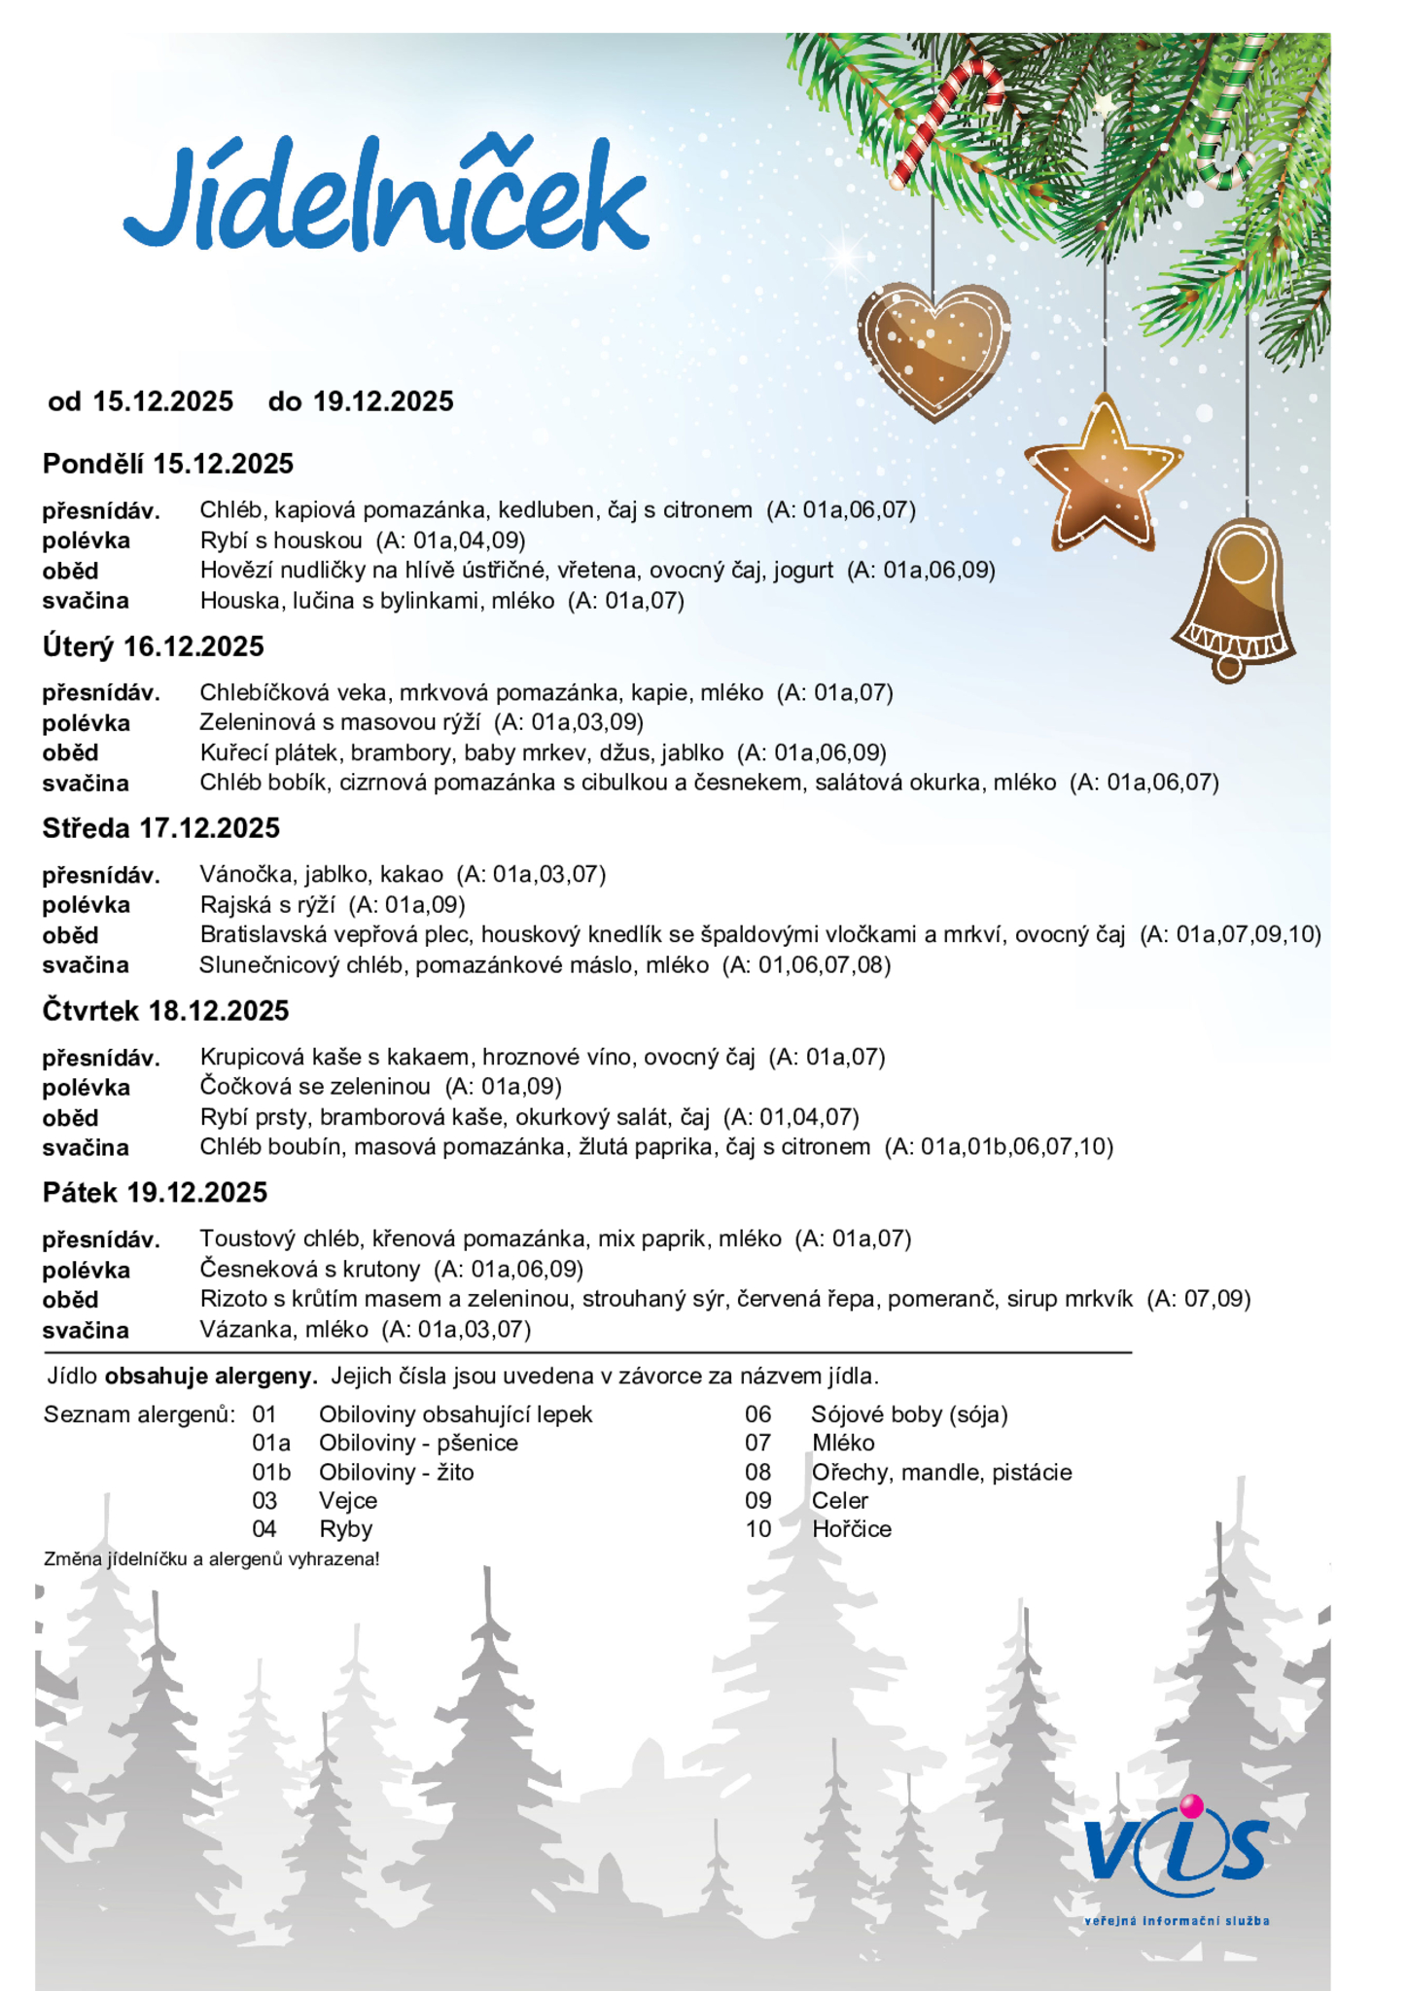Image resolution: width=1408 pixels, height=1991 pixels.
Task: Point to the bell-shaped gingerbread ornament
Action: coord(1235,598)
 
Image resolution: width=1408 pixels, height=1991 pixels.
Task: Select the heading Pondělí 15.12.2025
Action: coord(168,464)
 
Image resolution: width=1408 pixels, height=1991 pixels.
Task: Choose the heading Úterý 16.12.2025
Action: coord(154,646)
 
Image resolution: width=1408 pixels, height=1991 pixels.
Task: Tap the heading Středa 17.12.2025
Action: coord(161,828)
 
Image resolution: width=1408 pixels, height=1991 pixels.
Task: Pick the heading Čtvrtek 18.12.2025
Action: coord(166,1011)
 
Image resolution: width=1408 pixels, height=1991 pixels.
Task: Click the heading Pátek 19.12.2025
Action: coord(156,1193)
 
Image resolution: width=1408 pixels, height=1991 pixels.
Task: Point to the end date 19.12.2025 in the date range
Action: coord(383,402)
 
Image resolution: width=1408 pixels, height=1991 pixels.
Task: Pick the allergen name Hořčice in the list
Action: coord(852,1528)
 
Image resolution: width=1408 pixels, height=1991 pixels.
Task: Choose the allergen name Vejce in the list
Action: coord(348,1500)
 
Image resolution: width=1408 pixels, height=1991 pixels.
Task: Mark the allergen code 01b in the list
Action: coord(271,1472)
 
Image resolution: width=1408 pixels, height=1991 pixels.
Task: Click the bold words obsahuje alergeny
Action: coord(211,1376)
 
